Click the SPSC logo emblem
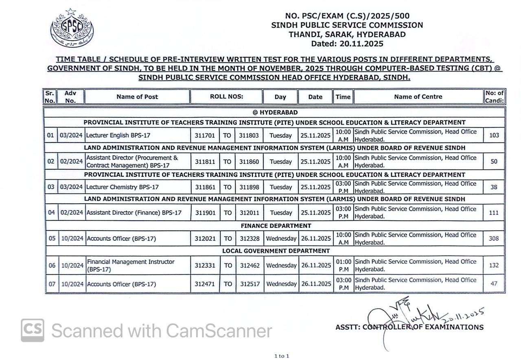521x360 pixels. tap(72, 28)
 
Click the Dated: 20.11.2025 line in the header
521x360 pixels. tap(347, 44)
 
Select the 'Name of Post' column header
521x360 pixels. tap(137, 97)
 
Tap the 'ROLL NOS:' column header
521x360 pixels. tap(226, 97)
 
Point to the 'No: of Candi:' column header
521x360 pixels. tap(494, 97)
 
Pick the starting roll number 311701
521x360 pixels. tap(205, 135)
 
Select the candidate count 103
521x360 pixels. tap(494, 135)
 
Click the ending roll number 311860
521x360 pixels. tap(249, 162)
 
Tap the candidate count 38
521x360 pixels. tap(494, 187)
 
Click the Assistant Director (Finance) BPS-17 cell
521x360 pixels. tap(134, 213)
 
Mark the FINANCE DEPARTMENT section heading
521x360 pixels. tap(276, 226)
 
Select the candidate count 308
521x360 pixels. tap(494, 239)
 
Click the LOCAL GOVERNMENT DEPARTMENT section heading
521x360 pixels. tap(276, 251)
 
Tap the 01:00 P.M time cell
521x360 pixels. tap(344, 265)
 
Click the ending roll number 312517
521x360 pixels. tap(250, 284)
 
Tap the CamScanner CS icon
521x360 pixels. tap(33, 330)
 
